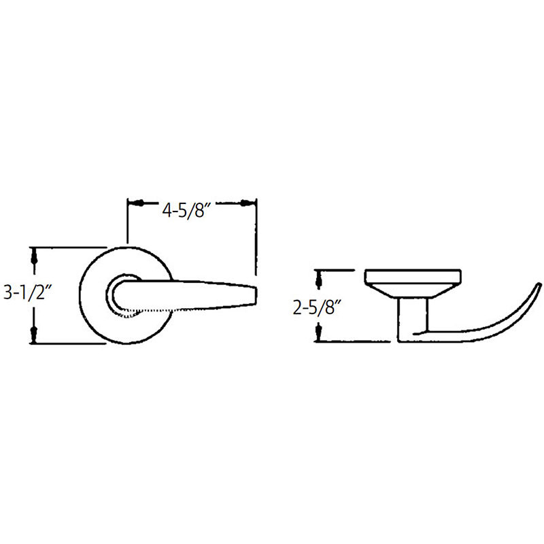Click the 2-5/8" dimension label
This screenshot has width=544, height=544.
[317, 306]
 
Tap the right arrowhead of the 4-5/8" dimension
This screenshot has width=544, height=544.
[248, 203]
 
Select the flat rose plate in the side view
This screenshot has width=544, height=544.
[413, 277]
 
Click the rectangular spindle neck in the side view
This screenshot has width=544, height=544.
[413, 316]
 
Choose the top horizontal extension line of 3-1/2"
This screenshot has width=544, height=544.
[68, 246]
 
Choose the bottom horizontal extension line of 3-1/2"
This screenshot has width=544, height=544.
[68, 343]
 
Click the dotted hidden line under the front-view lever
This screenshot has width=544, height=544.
[146, 312]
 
